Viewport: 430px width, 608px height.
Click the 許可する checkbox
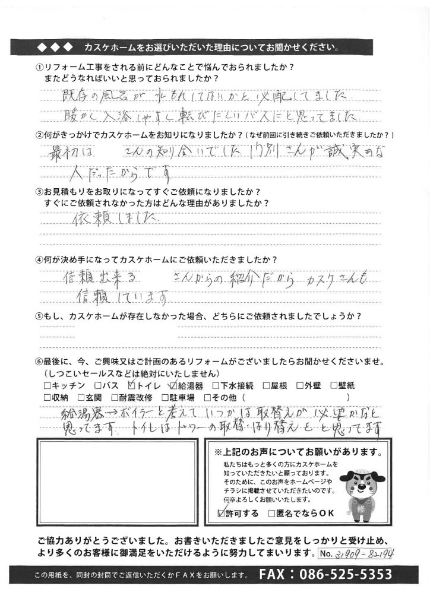coord(222,513)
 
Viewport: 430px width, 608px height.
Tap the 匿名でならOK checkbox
coord(272,513)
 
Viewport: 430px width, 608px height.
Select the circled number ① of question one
coord(39,66)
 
